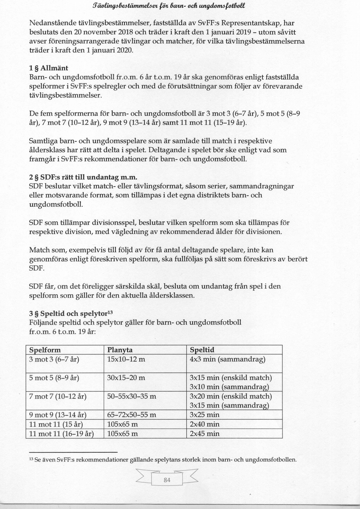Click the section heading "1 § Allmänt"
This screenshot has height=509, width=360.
pos(48,68)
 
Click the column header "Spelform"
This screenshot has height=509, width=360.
pos(45,350)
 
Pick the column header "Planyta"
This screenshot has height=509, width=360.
pos(120,350)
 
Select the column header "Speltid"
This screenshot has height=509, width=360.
pos(202,350)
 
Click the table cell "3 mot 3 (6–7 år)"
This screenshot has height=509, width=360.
pos(54,359)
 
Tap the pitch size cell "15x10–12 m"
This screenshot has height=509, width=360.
pos(126,359)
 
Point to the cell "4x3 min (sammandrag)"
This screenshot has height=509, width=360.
pos(227,359)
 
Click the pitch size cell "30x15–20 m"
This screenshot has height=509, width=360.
pos(126,378)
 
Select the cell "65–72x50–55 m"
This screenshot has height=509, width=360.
pos(132,415)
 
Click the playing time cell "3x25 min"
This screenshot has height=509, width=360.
pos(204,415)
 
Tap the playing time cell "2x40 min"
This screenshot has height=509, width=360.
pos(204,424)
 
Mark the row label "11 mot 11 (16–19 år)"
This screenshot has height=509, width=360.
pos(61,433)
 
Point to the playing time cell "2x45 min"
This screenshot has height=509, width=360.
pos(204,433)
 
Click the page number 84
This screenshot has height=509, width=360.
pos(167,480)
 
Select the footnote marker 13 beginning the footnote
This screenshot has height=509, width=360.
pos(31,459)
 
